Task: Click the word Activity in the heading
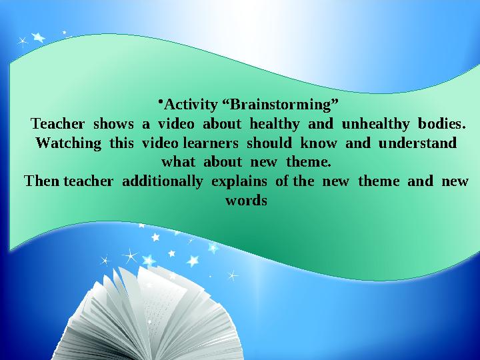pyautogui.click(x=190, y=105)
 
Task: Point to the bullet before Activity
pyautogui.click(x=161, y=101)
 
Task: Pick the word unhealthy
pyautogui.click(x=374, y=124)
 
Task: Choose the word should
pyautogui.click(x=269, y=143)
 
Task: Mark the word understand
pyautogui.click(x=417, y=143)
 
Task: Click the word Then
pyautogui.click(x=41, y=181)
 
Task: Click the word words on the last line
pyautogui.click(x=246, y=200)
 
